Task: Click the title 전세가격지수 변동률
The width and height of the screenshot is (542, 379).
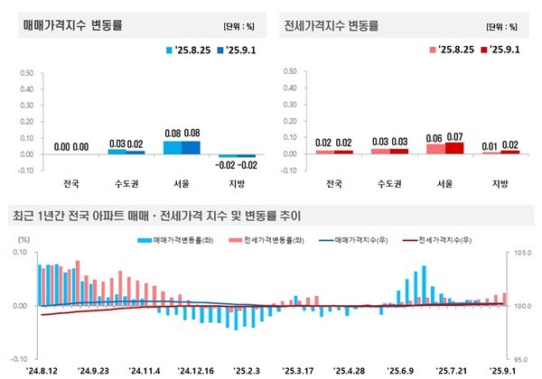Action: click(332, 24)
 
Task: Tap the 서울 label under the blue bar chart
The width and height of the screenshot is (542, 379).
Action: click(176, 184)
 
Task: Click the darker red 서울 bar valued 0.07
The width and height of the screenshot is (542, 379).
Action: click(453, 148)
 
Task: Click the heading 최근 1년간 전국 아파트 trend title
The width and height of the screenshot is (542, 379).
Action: click(158, 217)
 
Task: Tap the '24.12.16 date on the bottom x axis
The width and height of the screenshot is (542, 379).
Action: click(195, 369)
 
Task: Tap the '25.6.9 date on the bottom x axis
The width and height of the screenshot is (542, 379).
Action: click(398, 369)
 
